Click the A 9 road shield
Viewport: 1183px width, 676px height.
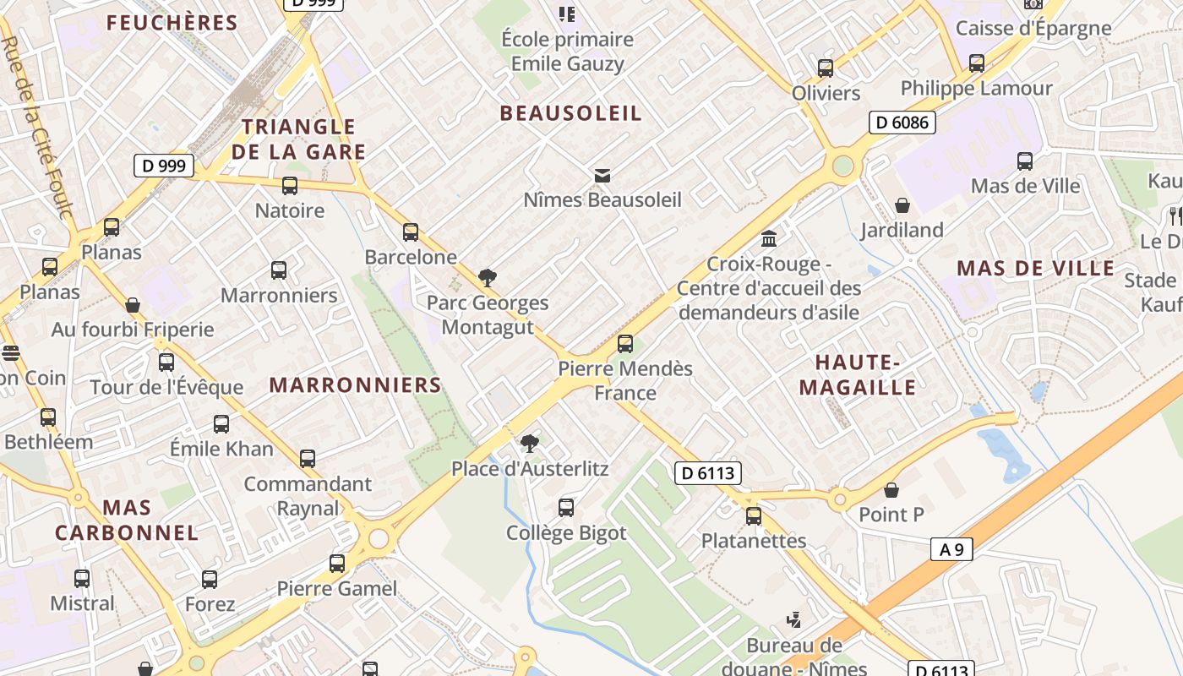pyautogui.click(x=951, y=549)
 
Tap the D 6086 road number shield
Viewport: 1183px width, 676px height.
pyautogui.click(x=902, y=123)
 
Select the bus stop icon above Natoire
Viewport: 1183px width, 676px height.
pyautogui.click(x=290, y=186)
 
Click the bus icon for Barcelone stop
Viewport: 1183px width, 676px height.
pyautogui.click(x=411, y=232)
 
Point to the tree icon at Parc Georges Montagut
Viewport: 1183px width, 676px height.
pyautogui.click(x=487, y=277)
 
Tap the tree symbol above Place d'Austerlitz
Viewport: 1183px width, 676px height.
pyautogui.click(x=529, y=443)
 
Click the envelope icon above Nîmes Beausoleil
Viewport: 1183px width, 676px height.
pyautogui.click(x=602, y=176)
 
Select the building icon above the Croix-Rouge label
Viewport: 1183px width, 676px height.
pyautogui.click(x=769, y=239)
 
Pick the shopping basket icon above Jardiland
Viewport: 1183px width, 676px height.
pyautogui.click(x=902, y=205)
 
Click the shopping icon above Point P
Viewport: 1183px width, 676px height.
pyautogui.click(x=891, y=490)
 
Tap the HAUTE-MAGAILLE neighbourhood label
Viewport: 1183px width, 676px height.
pyautogui.click(x=858, y=375)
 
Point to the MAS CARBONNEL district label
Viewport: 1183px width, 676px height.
pyautogui.click(x=127, y=521)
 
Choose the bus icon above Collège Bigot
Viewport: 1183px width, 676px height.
pyautogui.click(x=566, y=508)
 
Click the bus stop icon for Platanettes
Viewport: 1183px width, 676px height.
pyautogui.click(x=753, y=515)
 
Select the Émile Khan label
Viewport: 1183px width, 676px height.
pyautogui.click(x=221, y=449)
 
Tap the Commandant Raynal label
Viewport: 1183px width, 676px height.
pyautogui.click(x=308, y=496)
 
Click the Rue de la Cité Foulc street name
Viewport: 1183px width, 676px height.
pyautogui.click(x=39, y=127)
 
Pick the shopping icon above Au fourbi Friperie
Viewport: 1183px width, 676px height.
pyautogui.click(x=133, y=305)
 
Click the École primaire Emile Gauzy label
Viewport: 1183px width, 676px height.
pyautogui.click(x=567, y=51)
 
